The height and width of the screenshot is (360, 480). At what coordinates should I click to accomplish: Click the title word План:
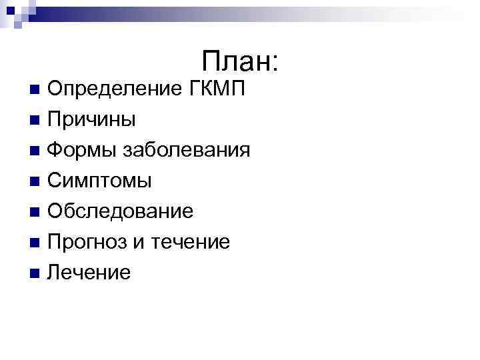point(239,62)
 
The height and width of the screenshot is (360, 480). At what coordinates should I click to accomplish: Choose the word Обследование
point(121,211)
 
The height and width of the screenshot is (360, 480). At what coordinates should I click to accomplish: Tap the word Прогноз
point(89,242)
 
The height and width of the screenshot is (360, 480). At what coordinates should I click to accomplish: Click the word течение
point(192,242)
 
